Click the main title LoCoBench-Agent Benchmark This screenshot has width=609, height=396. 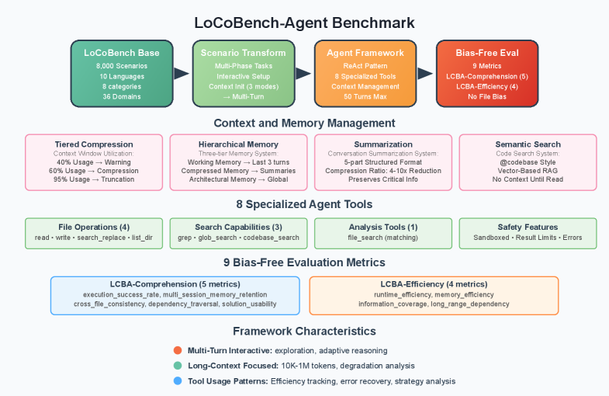(304, 23)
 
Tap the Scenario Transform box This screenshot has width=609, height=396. (243, 74)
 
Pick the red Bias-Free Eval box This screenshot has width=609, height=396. (487, 74)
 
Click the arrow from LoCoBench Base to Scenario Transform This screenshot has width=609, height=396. (182, 74)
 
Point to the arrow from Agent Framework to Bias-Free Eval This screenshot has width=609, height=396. (426, 74)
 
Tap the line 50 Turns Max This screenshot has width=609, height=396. (365, 97)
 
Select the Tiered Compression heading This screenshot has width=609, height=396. (94, 144)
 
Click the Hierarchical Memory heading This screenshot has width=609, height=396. (238, 144)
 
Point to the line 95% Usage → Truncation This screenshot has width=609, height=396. (94, 179)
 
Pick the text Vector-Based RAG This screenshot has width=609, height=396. (528, 171)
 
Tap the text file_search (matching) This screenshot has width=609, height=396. (382, 237)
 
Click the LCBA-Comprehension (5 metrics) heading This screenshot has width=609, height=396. (175, 284)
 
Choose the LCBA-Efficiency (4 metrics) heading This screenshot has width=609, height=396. (434, 284)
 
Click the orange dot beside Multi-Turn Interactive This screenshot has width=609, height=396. (178, 350)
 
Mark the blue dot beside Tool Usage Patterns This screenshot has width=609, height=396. (178, 381)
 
